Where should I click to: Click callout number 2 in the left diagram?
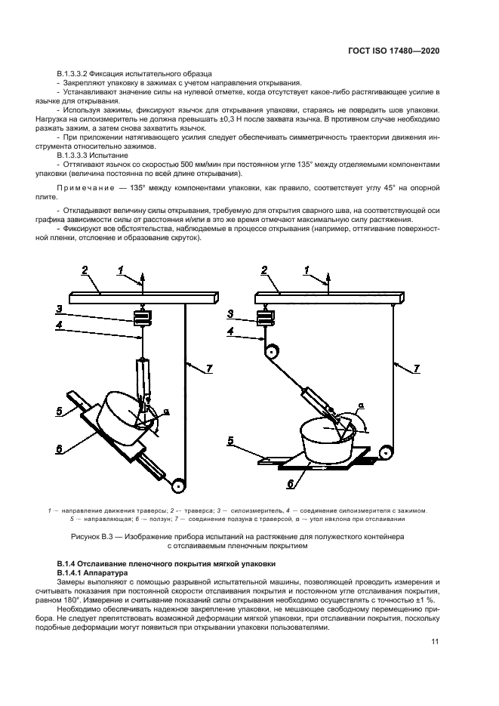pos(85,270)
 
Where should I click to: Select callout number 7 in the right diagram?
pos(415,368)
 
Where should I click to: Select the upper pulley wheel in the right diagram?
pos(270,350)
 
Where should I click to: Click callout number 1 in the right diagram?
pos(306,270)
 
